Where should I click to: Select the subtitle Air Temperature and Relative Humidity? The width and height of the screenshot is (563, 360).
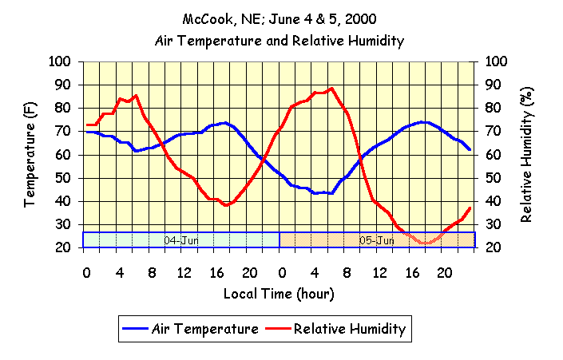point(279,40)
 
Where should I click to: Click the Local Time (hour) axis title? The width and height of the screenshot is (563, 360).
point(279,294)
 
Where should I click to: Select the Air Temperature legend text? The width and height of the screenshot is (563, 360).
point(204,328)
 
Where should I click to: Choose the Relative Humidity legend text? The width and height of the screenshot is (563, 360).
point(350,328)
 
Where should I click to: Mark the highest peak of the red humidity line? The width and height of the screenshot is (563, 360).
point(331,88)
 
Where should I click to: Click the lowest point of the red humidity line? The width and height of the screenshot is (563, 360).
point(428,243)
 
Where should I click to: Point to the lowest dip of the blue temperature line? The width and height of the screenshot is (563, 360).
point(331,193)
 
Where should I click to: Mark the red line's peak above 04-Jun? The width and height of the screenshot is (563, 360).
point(136,95)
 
